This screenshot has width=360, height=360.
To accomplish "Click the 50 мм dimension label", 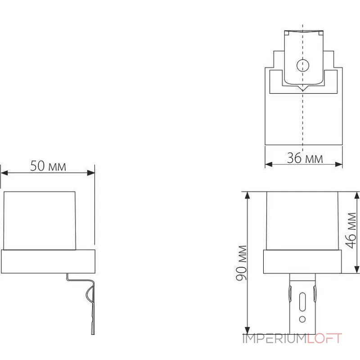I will coord(48,166).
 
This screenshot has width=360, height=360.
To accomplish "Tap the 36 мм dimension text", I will coord(305,158).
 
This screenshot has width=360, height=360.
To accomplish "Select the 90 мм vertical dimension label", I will coord(243,263).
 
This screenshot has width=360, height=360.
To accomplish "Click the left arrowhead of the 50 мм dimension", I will coord(4,172).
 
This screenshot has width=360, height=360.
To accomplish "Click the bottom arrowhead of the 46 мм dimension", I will coord(357,270).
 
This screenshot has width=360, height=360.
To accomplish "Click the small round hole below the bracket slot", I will coord(302,319).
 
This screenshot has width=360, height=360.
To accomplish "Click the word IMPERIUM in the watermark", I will coord(274,339).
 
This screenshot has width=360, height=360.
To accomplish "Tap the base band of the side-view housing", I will coord(48,261).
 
